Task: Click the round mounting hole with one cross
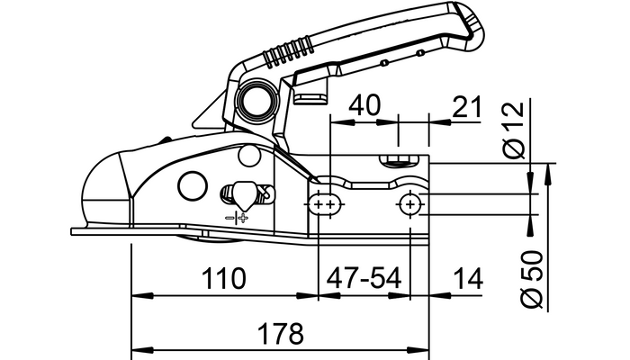pos(410,206)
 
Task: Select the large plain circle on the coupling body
pos(192,185)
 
